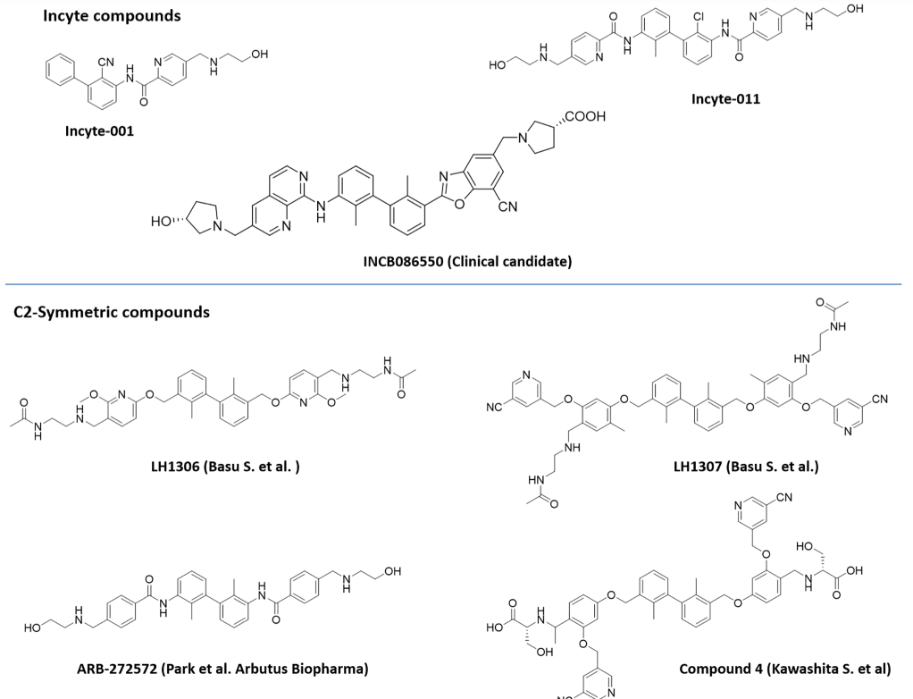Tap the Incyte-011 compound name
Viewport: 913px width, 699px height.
point(725,98)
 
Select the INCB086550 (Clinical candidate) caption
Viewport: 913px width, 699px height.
point(467,261)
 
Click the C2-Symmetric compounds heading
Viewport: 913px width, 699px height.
point(112,312)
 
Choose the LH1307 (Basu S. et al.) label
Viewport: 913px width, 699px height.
point(746,466)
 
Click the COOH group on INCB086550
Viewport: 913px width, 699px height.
point(585,116)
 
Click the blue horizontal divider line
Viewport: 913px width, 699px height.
point(456,284)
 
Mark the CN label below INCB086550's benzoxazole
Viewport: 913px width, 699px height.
point(507,207)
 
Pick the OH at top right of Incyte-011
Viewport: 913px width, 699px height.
point(856,9)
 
